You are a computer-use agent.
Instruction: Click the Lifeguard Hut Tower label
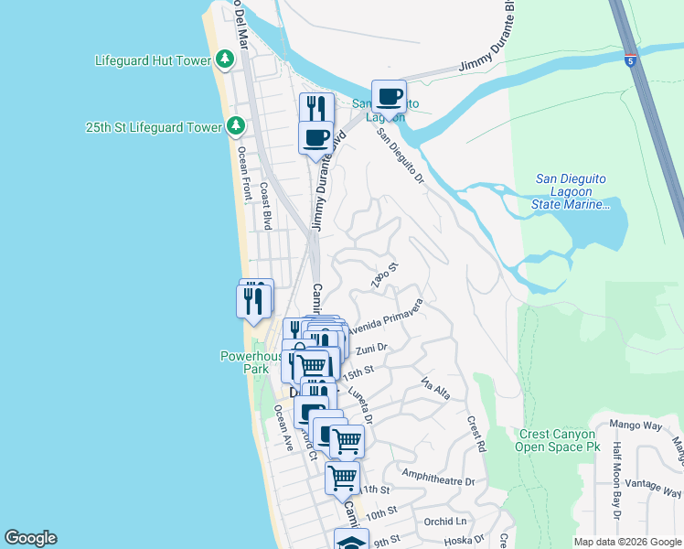[x=153, y=60]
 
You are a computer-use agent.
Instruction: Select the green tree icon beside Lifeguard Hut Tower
[x=225, y=60]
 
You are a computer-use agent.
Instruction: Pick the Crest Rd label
[x=476, y=435]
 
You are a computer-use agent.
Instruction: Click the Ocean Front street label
[x=244, y=174]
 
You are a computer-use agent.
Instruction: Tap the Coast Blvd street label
[x=265, y=206]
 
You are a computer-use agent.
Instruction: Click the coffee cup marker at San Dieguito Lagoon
[x=389, y=96]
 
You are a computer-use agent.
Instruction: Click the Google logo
[x=31, y=538]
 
